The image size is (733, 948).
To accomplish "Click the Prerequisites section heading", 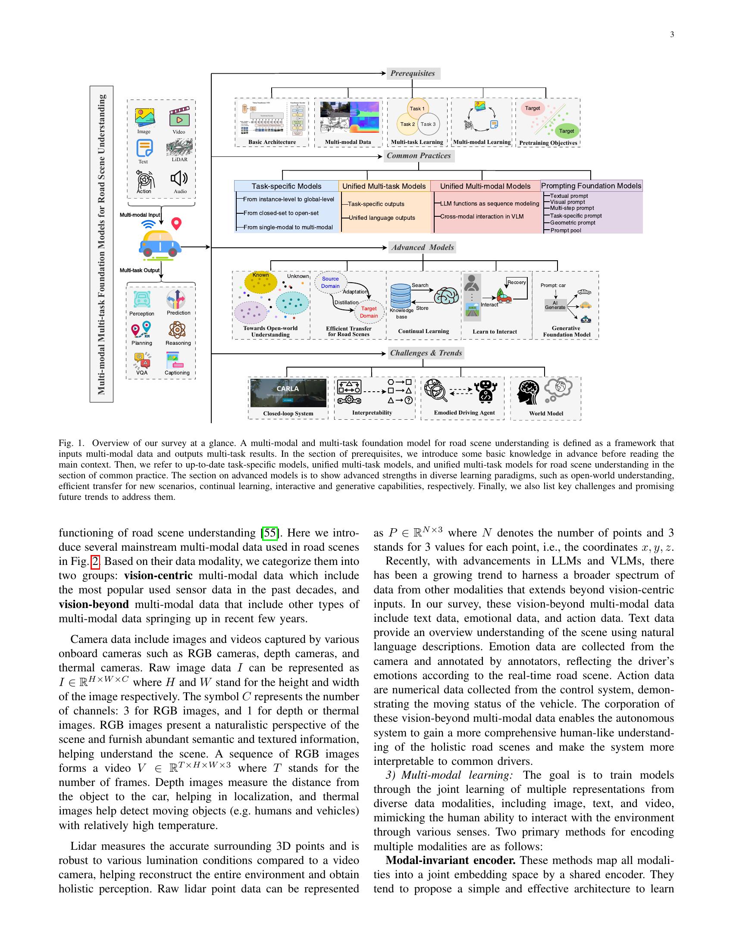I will click(x=413, y=73).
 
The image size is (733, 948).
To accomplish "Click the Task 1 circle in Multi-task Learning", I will click(x=417, y=109).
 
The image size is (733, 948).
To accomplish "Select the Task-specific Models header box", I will click(x=286, y=186).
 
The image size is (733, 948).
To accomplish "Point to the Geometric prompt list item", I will click(x=572, y=223).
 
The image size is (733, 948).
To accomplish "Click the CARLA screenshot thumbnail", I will click(x=288, y=393).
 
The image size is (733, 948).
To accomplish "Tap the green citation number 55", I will click(x=270, y=533).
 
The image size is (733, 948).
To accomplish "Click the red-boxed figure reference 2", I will click(x=95, y=561).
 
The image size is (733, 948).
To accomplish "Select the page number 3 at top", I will click(x=672, y=35).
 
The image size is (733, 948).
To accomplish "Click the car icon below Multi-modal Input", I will click(x=160, y=244).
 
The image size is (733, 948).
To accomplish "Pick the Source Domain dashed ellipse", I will click(x=330, y=283).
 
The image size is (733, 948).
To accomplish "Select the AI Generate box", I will click(x=555, y=305).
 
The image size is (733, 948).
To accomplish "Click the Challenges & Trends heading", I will click(x=426, y=353).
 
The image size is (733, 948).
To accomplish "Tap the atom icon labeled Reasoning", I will click(x=177, y=330).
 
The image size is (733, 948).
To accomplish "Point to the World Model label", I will click(x=546, y=413).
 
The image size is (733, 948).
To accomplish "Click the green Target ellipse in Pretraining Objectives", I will click(x=566, y=131).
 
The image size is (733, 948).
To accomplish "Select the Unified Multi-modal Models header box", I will click(x=485, y=186).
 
